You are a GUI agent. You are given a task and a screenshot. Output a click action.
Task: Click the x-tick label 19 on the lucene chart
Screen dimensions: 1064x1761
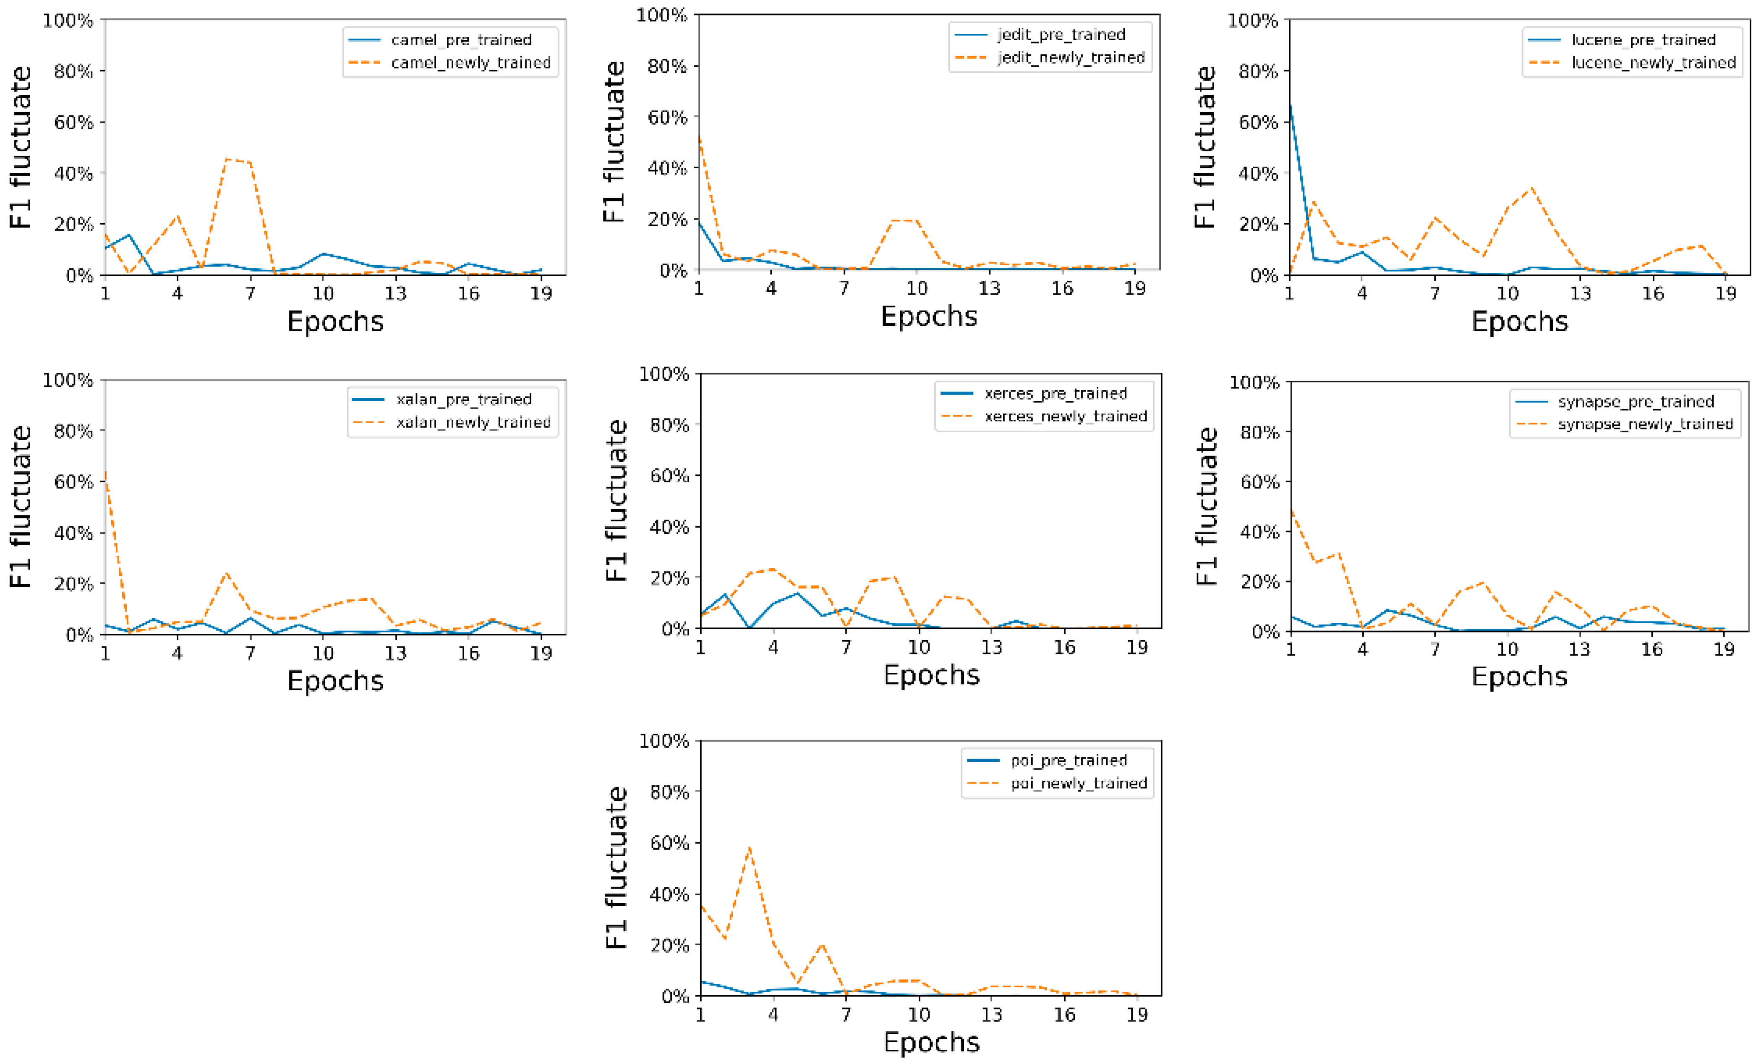tap(1725, 294)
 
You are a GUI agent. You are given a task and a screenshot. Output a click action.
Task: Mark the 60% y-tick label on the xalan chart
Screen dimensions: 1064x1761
tap(73, 481)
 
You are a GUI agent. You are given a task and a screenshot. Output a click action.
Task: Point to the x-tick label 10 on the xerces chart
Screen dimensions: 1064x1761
tap(918, 647)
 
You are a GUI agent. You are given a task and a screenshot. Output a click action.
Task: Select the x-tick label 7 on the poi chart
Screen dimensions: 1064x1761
tap(846, 1015)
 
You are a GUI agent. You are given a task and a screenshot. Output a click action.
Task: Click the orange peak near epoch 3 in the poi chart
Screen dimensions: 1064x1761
tap(749, 848)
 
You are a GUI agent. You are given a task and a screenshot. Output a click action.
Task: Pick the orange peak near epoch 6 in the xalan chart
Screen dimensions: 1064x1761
tap(226, 573)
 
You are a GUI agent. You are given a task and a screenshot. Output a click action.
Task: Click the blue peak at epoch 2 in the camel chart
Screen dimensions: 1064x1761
tap(129, 235)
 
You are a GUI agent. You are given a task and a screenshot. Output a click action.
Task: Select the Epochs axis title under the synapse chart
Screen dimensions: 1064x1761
tap(1519, 677)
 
